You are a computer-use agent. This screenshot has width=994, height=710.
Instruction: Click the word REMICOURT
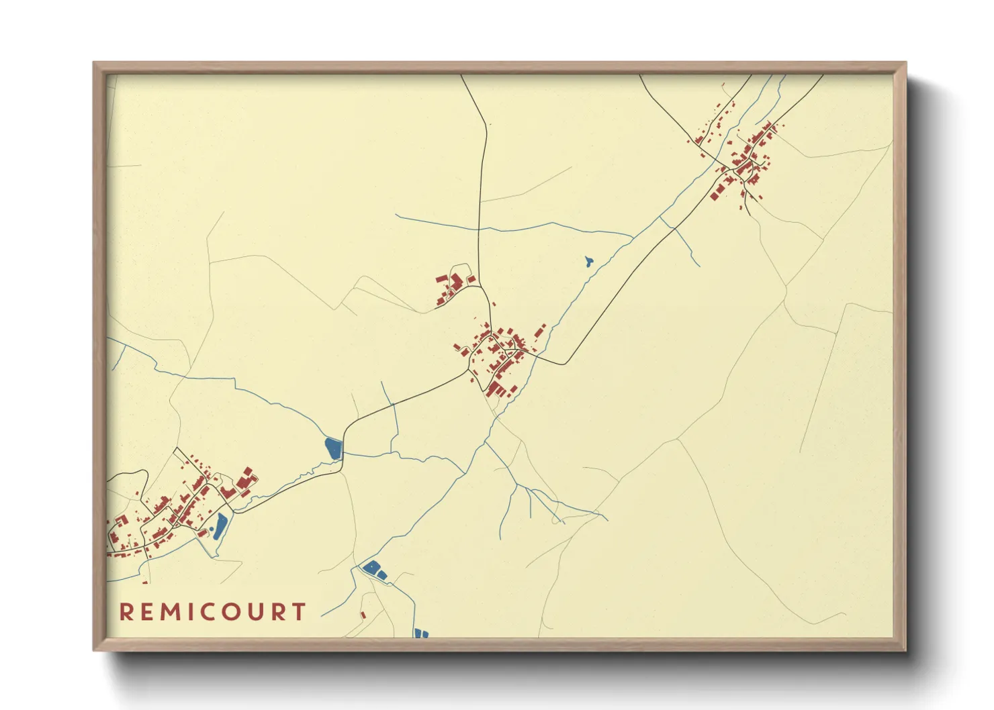pyautogui.click(x=213, y=612)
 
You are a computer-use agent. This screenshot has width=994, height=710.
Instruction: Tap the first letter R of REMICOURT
pyautogui.click(x=126, y=612)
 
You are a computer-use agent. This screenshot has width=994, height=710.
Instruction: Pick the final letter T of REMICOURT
pyautogui.click(x=299, y=612)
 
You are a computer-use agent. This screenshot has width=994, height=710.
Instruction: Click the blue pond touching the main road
pyautogui.click(x=333, y=448)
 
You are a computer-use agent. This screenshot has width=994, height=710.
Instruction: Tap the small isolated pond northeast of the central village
pyautogui.click(x=589, y=260)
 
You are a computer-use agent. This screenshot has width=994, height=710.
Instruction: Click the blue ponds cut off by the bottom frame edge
pyautogui.click(x=421, y=633)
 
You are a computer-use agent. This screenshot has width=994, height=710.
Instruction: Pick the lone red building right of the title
pyautogui.click(x=363, y=614)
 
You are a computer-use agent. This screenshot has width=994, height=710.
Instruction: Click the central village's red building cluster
pyautogui.click(x=500, y=359)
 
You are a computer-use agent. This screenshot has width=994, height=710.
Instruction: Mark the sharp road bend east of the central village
pyautogui.click(x=566, y=364)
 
